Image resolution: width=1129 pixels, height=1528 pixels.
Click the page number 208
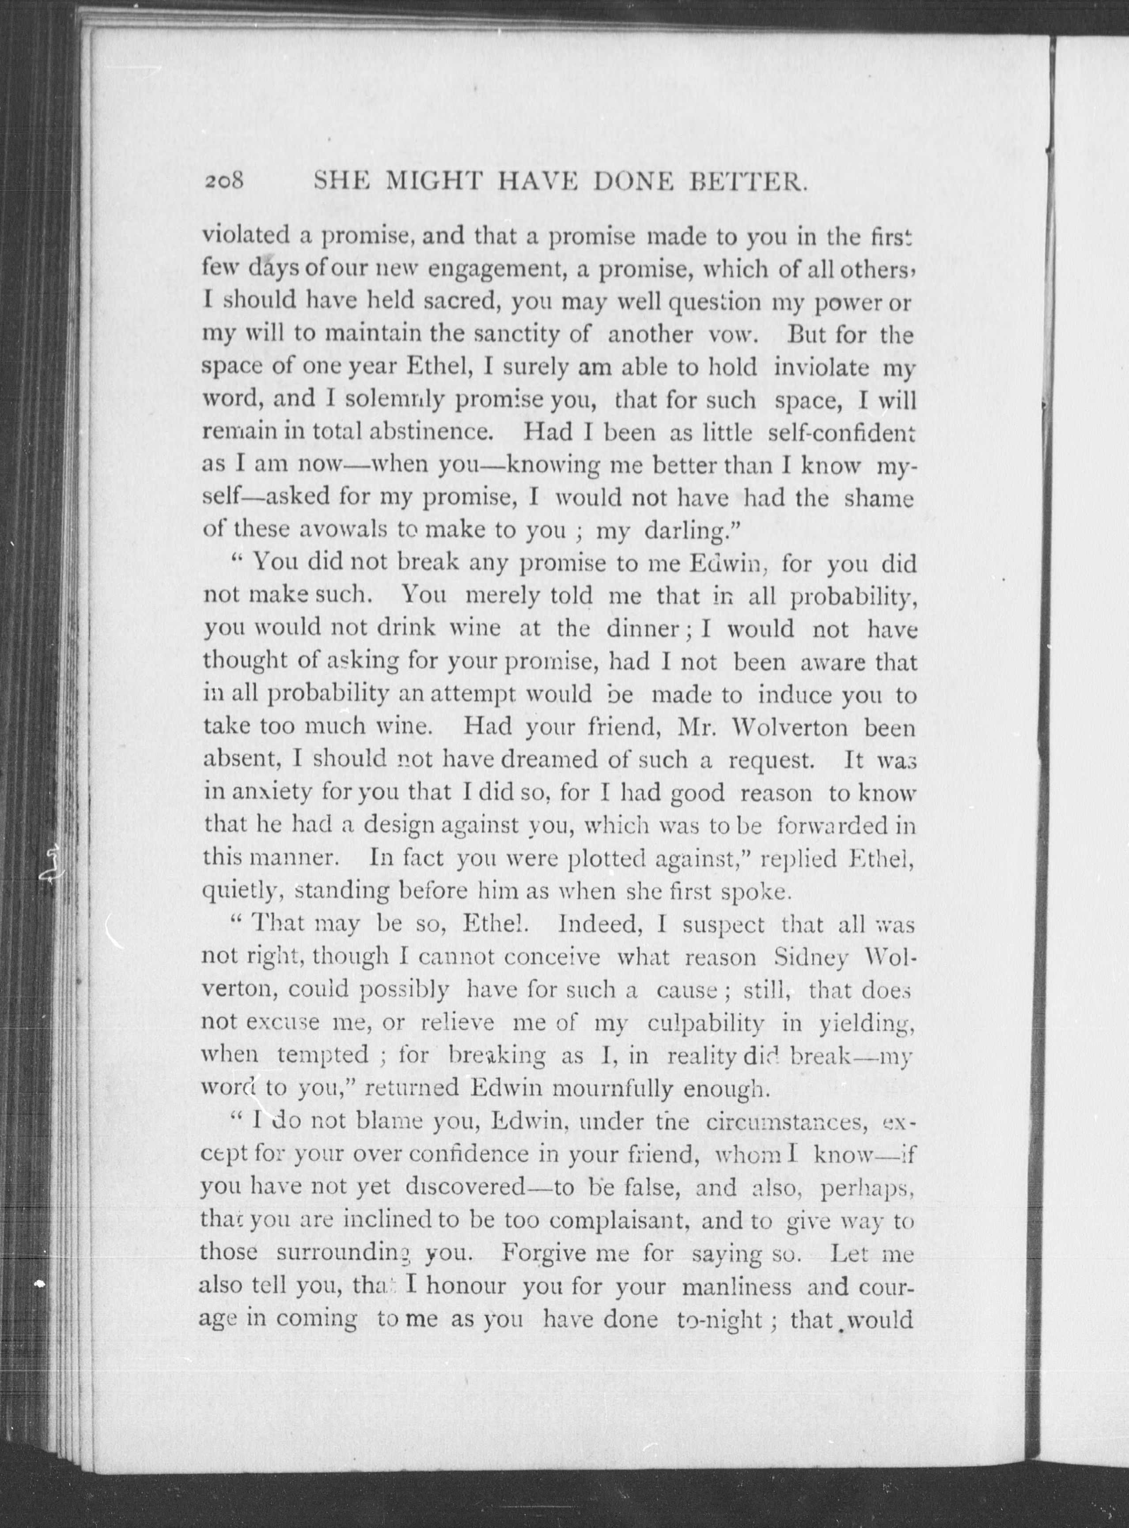[x=224, y=182]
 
